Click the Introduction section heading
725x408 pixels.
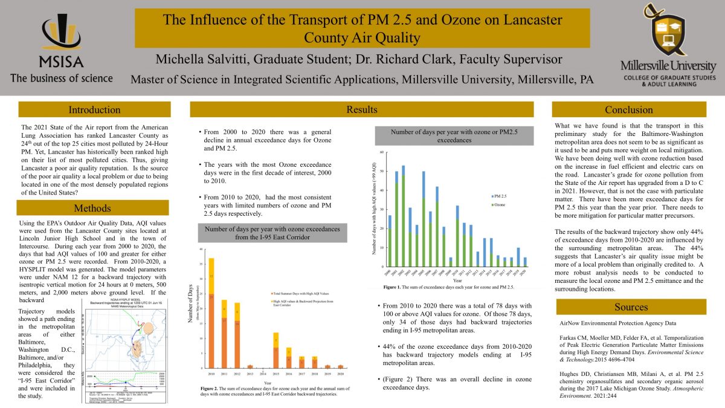coord(94,109)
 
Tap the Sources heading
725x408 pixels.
coord(631,307)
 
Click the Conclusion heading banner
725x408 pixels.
coord(629,109)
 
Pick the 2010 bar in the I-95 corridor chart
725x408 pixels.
coord(211,311)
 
